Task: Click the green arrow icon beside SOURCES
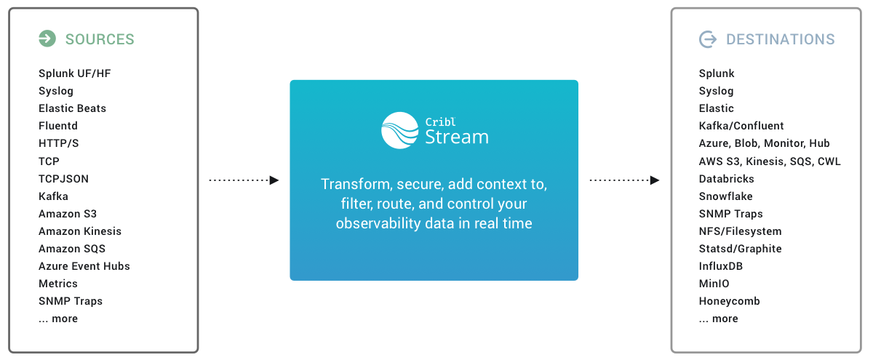47,39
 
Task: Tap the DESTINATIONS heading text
780,39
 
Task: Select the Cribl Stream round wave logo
400,130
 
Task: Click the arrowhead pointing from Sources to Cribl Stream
274,180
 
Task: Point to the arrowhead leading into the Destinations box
655,180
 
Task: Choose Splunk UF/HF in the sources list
75,73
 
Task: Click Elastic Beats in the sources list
72,108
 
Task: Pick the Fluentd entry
58,126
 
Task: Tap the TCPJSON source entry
63,179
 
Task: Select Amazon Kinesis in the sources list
80,231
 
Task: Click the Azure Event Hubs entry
84,266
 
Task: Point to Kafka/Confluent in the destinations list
741,126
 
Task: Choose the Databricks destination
727,179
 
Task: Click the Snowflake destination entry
726,196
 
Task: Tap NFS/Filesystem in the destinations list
740,231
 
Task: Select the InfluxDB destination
721,266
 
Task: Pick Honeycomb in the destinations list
729,301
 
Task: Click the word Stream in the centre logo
457,137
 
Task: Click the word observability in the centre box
378,224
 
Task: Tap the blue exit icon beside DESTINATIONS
708,39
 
